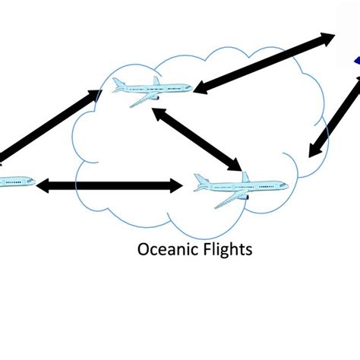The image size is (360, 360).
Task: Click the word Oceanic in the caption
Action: tap(161, 249)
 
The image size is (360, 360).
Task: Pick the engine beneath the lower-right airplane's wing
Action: tap(245, 197)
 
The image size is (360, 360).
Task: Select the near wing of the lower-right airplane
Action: tap(228, 200)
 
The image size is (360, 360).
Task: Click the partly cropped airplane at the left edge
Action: tap(15, 182)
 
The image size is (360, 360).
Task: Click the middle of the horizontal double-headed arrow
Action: tap(110, 185)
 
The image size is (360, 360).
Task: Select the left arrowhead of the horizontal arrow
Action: tap(43, 185)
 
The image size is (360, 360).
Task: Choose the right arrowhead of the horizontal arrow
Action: tap(176, 185)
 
